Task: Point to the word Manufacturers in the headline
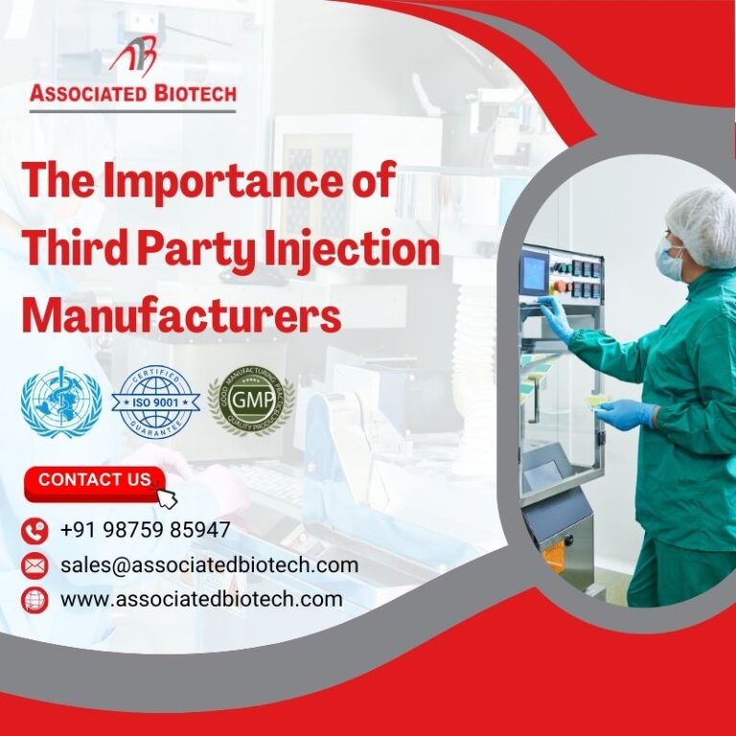(181, 315)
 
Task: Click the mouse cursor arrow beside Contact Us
(167, 497)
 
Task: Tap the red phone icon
(34, 531)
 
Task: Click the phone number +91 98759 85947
(145, 530)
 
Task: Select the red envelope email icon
(34, 565)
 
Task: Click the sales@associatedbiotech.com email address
(209, 564)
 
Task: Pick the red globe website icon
(34, 600)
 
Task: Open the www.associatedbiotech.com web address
(200, 599)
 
